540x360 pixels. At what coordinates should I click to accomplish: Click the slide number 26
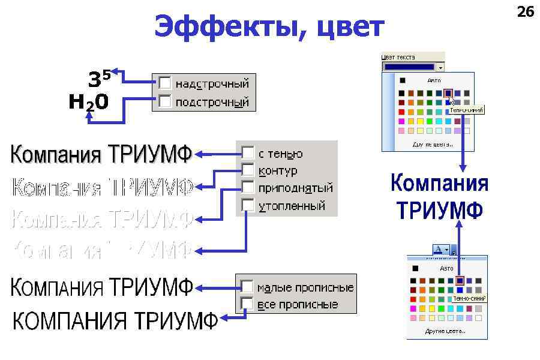(525, 12)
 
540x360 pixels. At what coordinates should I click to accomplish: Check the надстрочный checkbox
(165, 83)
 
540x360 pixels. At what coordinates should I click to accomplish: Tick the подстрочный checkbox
(165, 101)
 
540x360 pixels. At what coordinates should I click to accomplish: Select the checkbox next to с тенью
(248, 153)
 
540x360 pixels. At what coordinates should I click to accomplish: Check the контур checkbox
(248, 170)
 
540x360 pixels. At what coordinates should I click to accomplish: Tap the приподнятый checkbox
(248, 187)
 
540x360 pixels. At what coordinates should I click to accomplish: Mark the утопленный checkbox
(248, 205)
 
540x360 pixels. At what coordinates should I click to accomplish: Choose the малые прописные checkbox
(247, 287)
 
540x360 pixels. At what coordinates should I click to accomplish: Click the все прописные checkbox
(247, 304)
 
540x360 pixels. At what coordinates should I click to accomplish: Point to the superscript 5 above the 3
(106, 75)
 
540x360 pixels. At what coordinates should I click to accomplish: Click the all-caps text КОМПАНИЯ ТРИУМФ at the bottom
(115, 321)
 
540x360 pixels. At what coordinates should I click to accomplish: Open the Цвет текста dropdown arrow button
(441, 68)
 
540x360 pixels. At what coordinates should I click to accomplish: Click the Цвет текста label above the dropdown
(398, 57)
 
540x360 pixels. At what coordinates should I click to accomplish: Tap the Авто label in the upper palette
(434, 80)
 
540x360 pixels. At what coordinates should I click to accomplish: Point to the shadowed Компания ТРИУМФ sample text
(101, 155)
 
